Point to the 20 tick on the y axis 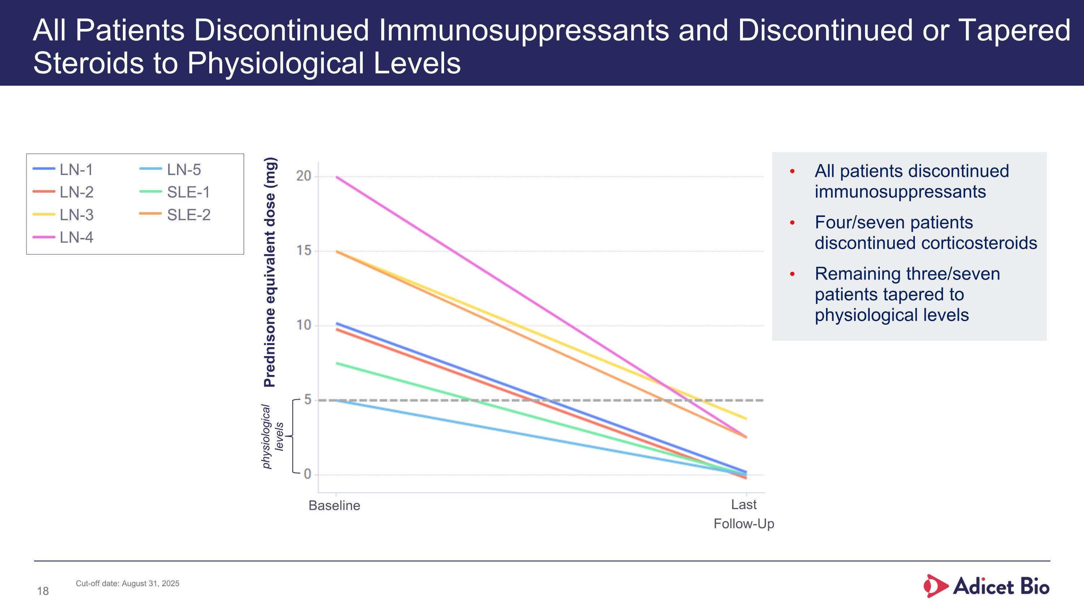coord(304,176)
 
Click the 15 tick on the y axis coord(304,251)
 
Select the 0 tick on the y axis coord(307,474)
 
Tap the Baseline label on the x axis coord(334,506)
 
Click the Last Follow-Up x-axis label coord(744,514)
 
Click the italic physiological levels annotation coord(272,436)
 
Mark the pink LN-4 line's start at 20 coord(336,177)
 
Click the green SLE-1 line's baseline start coord(336,363)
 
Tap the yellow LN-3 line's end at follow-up coord(746,419)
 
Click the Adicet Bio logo coord(986,586)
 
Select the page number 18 coord(43,591)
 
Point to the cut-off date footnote coord(128,584)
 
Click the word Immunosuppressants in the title coord(524,30)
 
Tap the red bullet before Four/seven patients coord(792,223)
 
